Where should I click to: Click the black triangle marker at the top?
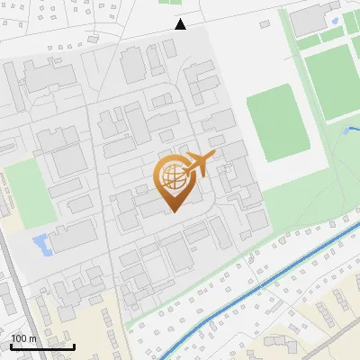tap(181, 24)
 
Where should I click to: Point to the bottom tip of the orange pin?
tap(171, 211)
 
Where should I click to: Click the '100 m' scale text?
tap(23, 338)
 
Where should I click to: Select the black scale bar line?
tap(42, 346)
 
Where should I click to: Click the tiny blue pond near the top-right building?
tap(335, 20)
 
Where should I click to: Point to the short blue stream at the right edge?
tap(351, 132)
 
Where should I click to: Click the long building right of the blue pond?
tap(72, 237)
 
